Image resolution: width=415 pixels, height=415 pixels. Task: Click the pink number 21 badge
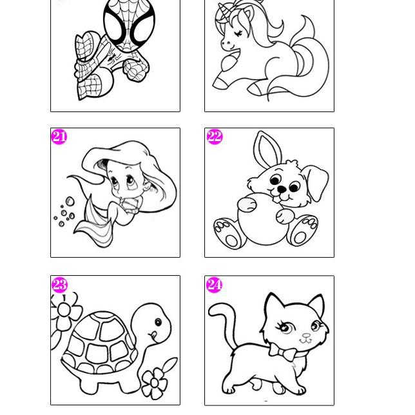[x=59, y=137]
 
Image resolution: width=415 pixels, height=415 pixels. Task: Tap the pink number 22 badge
[x=215, y=137]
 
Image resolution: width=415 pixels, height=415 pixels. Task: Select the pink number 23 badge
[x=59, y=285]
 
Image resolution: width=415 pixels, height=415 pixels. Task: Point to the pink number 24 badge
[x=214, y=285]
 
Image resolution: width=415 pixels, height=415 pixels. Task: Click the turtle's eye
[x=159, y=322]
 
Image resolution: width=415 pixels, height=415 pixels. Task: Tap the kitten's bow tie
[x=283, y=351]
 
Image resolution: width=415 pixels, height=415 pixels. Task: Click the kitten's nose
[x=307, y=336]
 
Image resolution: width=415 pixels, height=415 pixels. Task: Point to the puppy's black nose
[x=282, y=189]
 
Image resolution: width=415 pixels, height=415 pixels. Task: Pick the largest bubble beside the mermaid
[x=70, y=202]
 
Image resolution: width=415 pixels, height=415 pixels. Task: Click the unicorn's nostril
[x=224, y=43]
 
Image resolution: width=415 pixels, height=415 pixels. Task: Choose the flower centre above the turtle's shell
[x=64, y=310]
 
